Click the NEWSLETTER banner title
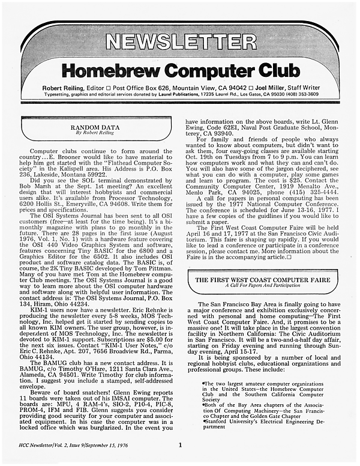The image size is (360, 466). tap(179, 41)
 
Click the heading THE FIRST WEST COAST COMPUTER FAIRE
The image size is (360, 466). tap(262, 279)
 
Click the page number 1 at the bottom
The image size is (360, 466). tap(180, 445)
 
